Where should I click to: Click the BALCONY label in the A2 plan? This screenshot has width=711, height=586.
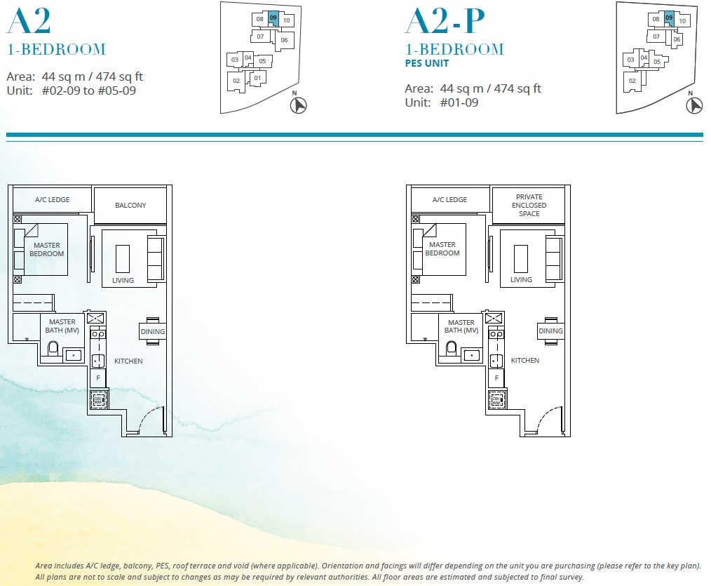(x=130, y=206)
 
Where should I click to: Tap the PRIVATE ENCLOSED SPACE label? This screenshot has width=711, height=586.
(x=529, y=205)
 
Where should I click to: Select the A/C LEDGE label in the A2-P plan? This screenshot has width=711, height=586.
(x=449, y=200)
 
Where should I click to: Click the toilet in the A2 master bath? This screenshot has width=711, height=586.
(x=52, y=348)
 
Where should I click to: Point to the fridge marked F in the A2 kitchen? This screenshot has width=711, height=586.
(x=98, y=378)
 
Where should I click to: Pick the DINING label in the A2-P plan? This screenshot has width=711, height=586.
(x=550, y=331)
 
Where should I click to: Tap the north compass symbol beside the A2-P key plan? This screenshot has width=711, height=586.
(x=694, y=105)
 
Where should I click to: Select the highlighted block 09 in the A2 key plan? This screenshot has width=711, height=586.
(x=273, y=18)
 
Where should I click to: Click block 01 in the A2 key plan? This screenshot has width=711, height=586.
(x=257, y=77)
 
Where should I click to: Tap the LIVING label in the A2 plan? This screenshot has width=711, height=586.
(x=123, y=281)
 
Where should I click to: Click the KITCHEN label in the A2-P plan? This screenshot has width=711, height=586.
(x=524, y=361)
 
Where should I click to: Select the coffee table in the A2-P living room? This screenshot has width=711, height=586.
(x=520, y=258)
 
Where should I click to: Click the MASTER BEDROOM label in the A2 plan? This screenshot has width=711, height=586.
(x=46, y=250)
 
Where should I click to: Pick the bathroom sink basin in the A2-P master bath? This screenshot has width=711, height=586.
(x=471, y=355)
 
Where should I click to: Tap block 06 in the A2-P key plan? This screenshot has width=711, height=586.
(x=677, y=40)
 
